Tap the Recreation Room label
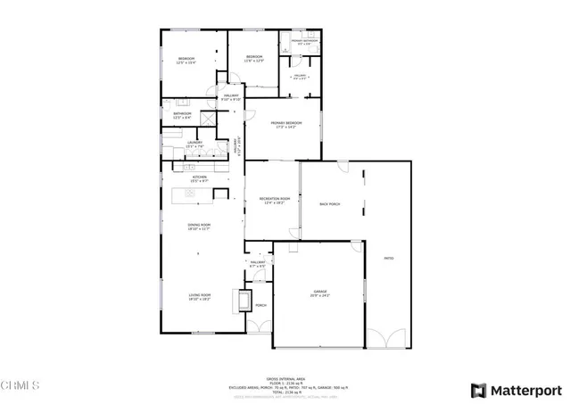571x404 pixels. pos(274,201)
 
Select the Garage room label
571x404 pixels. pos(319,293)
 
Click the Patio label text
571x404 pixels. pos(388,258)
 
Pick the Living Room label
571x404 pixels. pos(198,297)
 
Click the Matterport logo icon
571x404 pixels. pos(478,389)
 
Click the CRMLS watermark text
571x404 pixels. pos(21,385)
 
